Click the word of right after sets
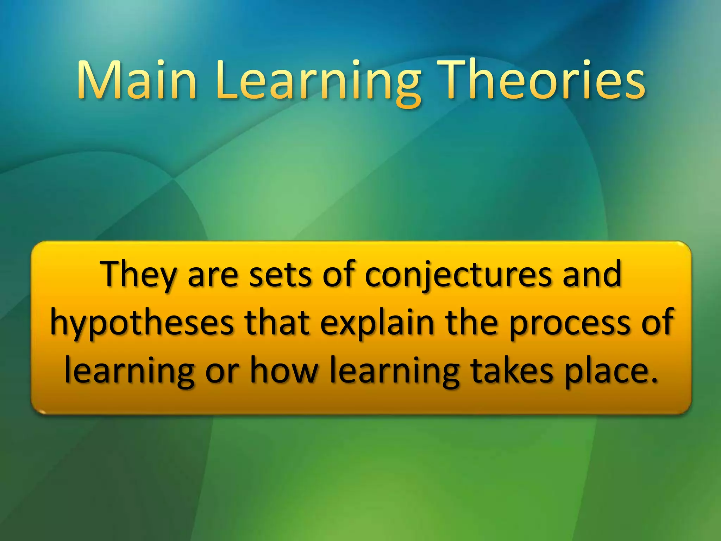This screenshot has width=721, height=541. click(x=338, y=274)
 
